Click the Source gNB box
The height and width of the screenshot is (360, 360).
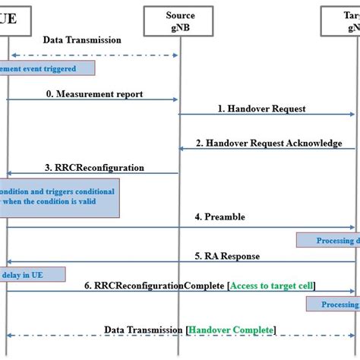(180, 21)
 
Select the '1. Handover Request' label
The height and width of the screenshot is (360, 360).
(261, 109)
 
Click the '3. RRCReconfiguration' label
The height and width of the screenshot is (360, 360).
(94, 168)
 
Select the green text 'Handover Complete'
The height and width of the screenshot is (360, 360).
(231, 330)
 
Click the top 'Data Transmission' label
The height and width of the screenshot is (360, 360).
(81, 39)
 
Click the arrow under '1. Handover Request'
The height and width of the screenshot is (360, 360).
(266, 115)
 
